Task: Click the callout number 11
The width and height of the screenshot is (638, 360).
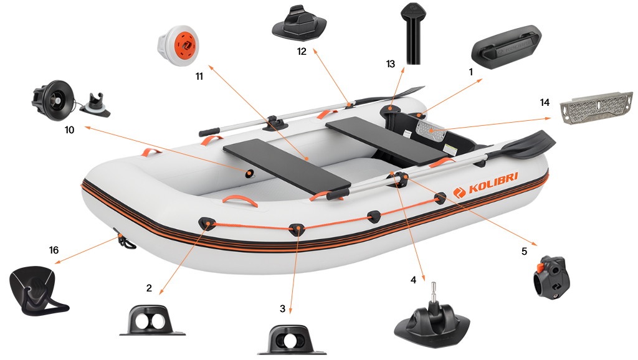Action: (x=199, y=77)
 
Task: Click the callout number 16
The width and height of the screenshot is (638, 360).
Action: (x=54, y=250)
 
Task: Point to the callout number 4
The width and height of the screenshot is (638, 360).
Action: (x=413, y=280)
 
